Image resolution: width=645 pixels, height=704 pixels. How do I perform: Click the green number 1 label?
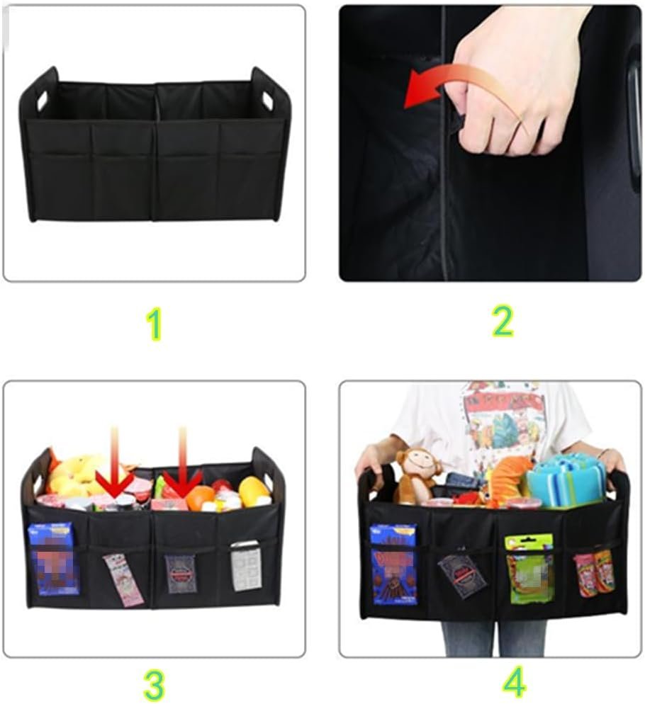154,325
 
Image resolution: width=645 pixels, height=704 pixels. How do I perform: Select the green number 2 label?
502,322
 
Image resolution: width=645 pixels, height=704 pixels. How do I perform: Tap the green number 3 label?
154,684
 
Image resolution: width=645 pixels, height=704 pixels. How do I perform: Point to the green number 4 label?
515,683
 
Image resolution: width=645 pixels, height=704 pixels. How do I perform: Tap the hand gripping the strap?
517,92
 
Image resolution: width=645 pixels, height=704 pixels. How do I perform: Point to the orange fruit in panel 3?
201,496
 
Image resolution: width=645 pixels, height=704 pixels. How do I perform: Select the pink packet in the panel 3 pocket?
123,579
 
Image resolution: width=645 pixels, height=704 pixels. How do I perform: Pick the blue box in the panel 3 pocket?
54,559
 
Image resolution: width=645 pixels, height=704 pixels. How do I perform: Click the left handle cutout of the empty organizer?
42,99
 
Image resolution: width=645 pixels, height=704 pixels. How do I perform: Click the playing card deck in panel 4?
461,575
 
